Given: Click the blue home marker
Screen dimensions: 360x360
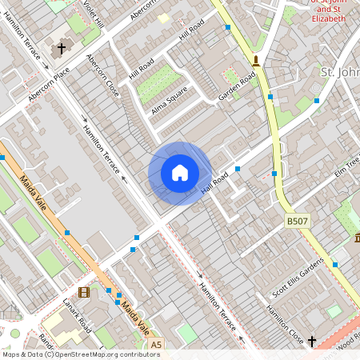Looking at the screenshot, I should [x=180, y=173].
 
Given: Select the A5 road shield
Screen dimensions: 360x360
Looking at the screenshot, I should [x=155, y=345].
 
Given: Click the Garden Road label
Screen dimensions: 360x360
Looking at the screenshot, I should [x=237, y=87].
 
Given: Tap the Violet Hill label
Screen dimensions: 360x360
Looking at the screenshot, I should [x=94, y=14].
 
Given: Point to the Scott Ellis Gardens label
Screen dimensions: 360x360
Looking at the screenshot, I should [x=298, y=276].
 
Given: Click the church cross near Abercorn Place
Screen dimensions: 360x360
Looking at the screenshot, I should [x=61, y=50].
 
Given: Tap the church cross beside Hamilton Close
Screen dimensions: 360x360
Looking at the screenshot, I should [x=312, y=342].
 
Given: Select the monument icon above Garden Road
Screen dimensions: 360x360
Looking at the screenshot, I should [x=256, y=60].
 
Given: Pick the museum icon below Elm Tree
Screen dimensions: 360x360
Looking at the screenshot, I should [x=357, y=239].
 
